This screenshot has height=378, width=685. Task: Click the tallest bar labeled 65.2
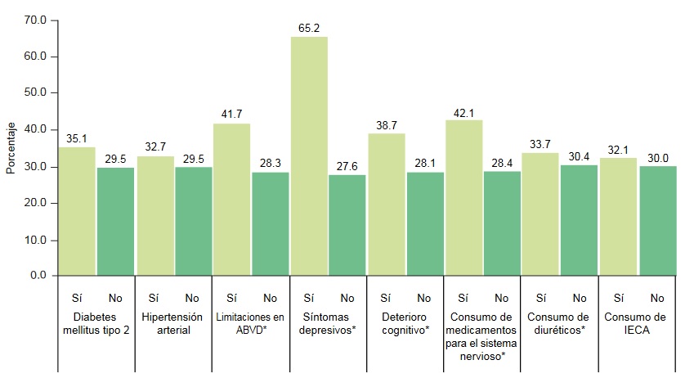[309, 155]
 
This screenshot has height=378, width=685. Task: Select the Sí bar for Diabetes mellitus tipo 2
[77, 211]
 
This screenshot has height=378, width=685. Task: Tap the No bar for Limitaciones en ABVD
[271, 223]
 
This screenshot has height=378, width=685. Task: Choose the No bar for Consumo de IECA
[658, 220]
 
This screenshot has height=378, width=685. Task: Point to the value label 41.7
[232, 115]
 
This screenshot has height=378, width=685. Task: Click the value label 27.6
[347, 166]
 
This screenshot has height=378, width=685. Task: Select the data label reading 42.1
[463, 112]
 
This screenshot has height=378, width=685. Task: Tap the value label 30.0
[658, 158]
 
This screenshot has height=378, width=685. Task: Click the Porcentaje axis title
[11, 148]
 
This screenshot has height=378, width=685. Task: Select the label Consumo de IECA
[637, 323]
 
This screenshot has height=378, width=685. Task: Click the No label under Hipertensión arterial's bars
[192, 298]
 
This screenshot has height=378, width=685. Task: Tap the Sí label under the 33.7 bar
[540, 298]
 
